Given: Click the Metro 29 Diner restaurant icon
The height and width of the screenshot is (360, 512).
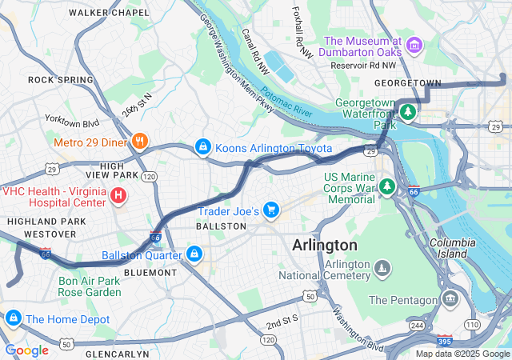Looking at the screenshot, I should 140,142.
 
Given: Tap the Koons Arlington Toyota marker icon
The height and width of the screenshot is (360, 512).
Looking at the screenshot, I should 203,148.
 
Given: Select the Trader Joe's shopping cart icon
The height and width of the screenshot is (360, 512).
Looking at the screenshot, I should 271,210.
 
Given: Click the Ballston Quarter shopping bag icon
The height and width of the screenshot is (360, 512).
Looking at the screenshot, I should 193,254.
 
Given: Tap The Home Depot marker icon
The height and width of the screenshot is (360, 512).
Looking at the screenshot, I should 12,318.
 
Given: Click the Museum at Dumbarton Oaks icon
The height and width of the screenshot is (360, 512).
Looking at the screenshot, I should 414,45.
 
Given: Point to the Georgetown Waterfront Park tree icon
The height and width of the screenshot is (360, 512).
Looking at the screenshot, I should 408,112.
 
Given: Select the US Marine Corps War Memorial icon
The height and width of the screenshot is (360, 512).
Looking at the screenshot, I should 387,186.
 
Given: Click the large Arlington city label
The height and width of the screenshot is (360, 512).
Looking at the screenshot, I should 325,245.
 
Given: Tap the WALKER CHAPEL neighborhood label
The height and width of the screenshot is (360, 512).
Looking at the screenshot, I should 109,13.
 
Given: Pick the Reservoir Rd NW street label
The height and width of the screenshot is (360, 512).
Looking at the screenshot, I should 363,66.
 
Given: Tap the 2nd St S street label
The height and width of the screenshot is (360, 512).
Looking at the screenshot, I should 282,322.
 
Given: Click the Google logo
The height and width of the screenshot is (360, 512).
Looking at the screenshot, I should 26,350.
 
